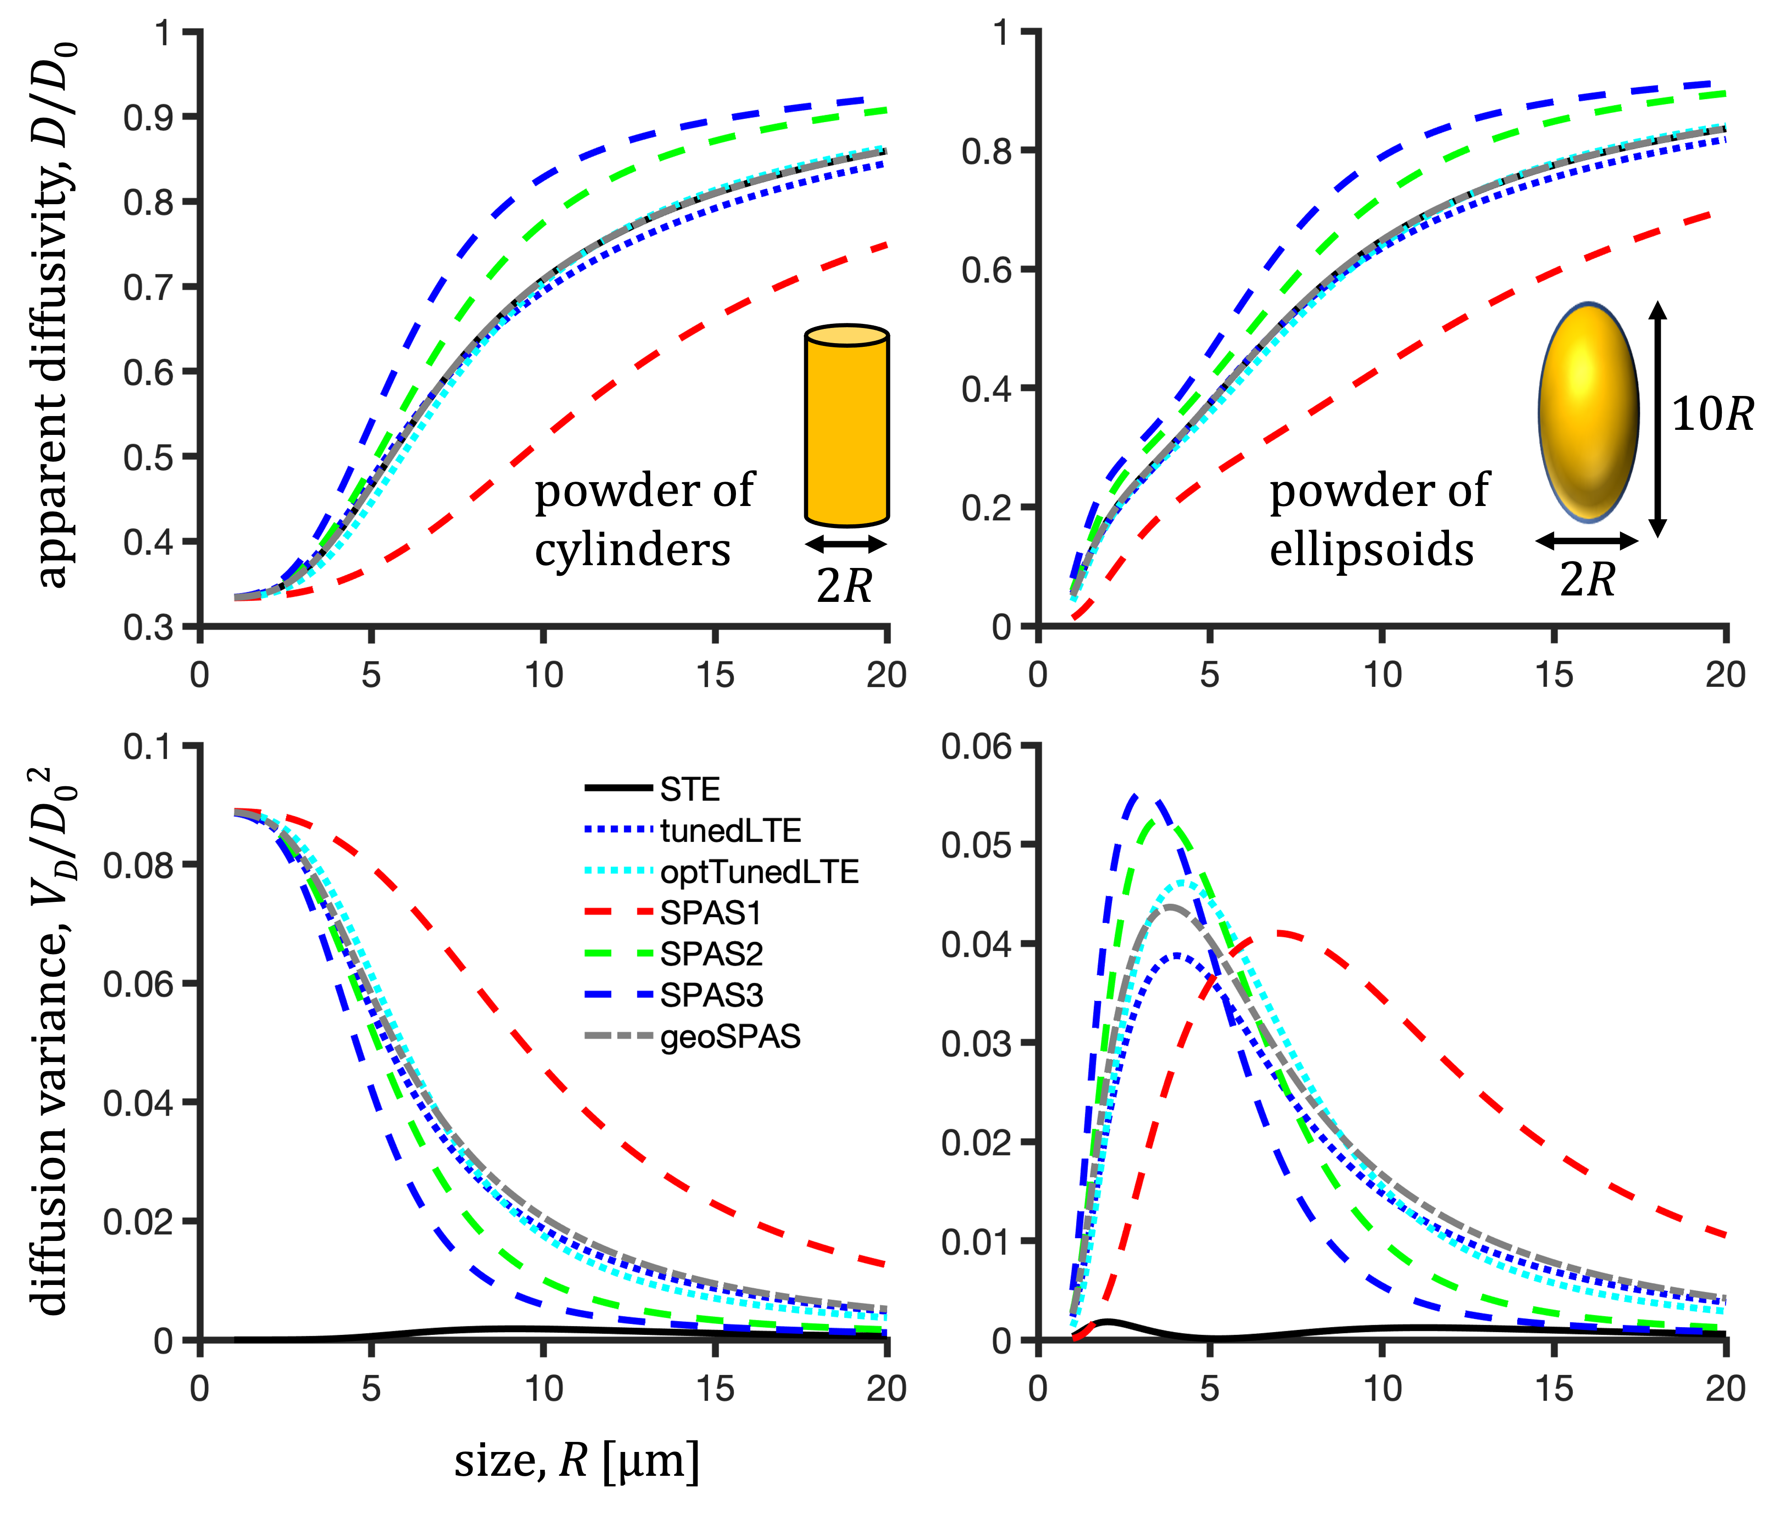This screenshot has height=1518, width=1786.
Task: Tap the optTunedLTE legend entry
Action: (759, 872)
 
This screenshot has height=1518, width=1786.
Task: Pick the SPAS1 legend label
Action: (711, 913)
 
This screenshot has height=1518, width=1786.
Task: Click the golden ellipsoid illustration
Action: (1588, 412)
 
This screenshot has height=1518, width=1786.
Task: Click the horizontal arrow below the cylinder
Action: (846, 544)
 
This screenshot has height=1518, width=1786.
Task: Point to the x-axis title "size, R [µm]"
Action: (576, 1460)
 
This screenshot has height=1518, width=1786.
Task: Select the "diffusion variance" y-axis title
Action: (53, 1041)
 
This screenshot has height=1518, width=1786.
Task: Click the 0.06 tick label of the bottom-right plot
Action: (976, 746)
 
